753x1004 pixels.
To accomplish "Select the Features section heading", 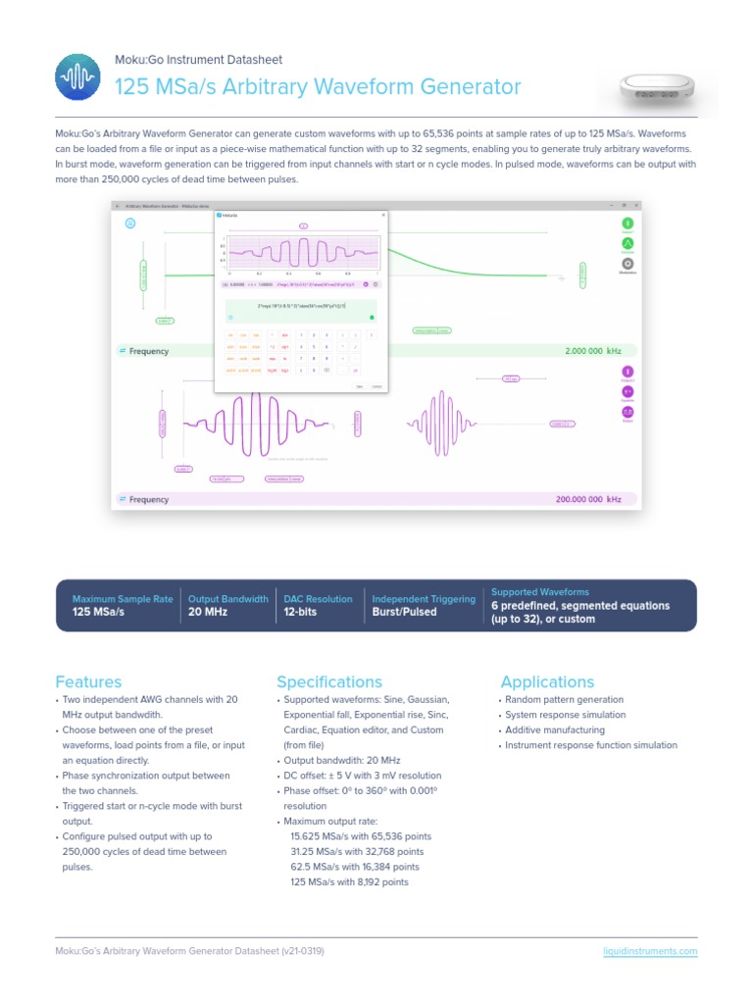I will click(x=89, y=681).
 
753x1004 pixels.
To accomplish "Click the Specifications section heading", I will click(x=328, y=681).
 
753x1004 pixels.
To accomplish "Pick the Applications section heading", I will click(x=547, y=681).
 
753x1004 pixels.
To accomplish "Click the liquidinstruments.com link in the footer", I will click(x=649, y=951).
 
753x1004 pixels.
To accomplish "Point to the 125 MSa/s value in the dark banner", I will click(x=99, y=612).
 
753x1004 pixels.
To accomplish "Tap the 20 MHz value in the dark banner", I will click(x=208, y=612).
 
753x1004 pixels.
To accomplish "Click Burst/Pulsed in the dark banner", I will click(x=405, y=612).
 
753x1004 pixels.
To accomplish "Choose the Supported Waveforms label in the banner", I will click(x=540, y=592).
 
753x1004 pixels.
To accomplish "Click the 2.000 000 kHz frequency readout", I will click(x=593, y=351).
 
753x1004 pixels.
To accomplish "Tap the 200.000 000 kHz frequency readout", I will click(x=588, y=499).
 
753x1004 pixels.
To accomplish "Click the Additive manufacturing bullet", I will click(x=555, y=730).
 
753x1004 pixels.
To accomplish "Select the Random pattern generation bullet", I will click(x=564, y=700).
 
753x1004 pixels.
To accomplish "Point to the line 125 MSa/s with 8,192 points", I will click(x=349, y=882).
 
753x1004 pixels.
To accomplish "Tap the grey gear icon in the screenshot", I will click(x=627, y=263).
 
